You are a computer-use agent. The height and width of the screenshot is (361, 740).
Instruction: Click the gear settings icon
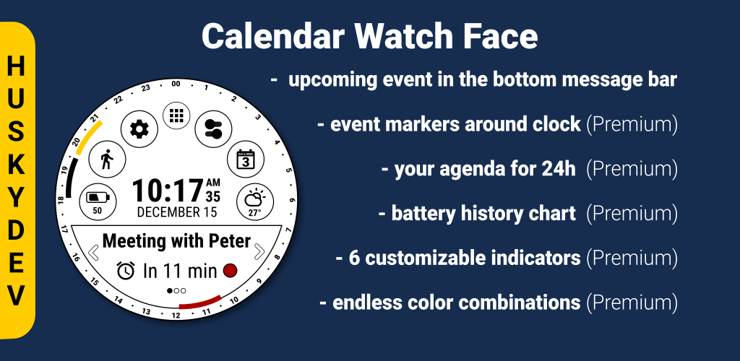tap(139, 129)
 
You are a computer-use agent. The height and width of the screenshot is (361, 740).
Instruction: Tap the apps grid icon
tap(176, 116)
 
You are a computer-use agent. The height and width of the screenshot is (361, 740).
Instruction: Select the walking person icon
tap(107, 160)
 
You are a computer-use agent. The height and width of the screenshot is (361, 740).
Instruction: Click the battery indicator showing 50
tap(98, 201)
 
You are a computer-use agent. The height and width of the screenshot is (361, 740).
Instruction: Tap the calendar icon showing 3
tap(246, 160)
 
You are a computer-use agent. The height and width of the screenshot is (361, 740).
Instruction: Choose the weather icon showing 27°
tap(255, 202)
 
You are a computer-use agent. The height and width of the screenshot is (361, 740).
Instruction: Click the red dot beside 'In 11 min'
tap(230, 271)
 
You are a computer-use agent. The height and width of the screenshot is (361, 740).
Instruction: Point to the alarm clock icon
tap(126, 271)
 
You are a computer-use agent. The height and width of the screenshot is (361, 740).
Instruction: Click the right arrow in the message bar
tap(259, 252)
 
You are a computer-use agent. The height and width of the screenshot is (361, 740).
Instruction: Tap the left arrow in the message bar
tap(93, 253)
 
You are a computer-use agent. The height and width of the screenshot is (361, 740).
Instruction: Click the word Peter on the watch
tap(230, 241)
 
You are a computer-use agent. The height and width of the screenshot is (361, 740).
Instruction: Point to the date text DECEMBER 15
tap(177, 212)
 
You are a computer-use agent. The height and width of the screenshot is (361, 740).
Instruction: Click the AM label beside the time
tap(213, 183)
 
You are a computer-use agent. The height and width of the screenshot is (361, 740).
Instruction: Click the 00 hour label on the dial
tap(176, 84)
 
